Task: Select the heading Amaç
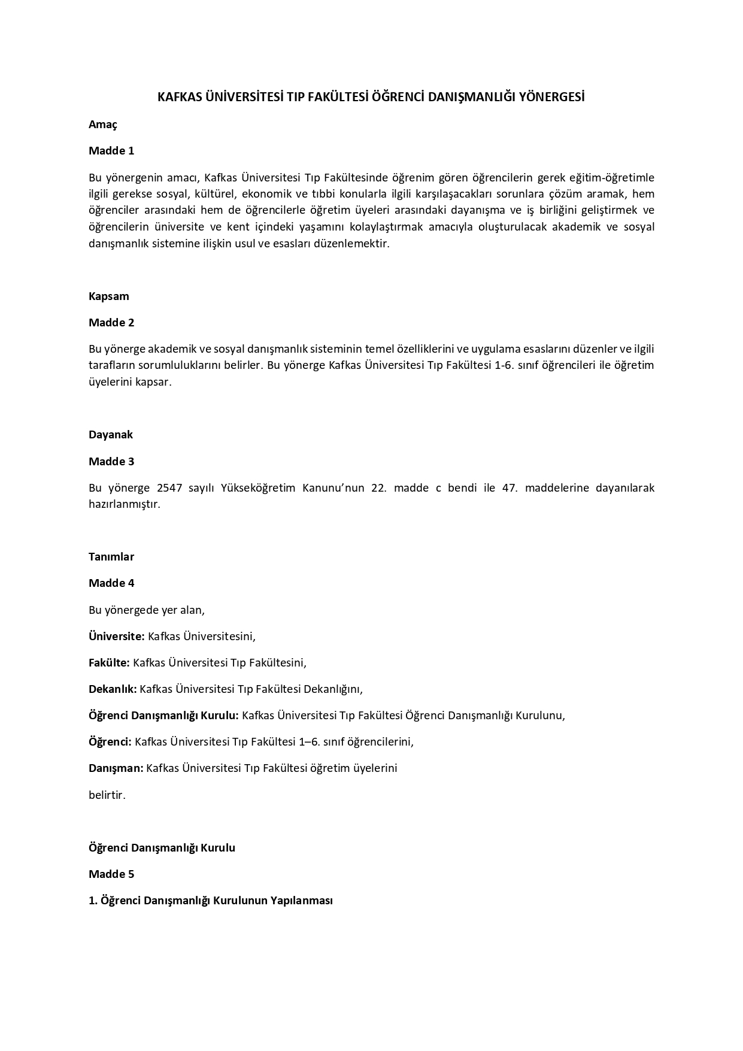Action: [x=103, y=125]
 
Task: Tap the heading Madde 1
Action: [x=111, y=151]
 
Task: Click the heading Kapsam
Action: [x=109, y=296]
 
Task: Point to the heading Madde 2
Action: [x=111, y=323]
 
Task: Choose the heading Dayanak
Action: [x=111, y=435]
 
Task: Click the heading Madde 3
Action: [x=111, y=462]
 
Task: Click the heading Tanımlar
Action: [x=111, y=557]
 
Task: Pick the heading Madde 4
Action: [x=111, y=583]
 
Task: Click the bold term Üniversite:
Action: [x=117, y=637]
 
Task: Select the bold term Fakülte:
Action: [x=110, y=663]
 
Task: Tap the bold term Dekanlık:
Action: [x=113, y=689]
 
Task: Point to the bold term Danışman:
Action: [x=116, y=768]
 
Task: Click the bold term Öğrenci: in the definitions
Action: [x=110, y=742]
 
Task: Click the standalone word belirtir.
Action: [x=107, y=796]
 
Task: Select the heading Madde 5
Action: [x=111, y=874]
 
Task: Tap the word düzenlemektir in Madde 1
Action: [x=355, y=244]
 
